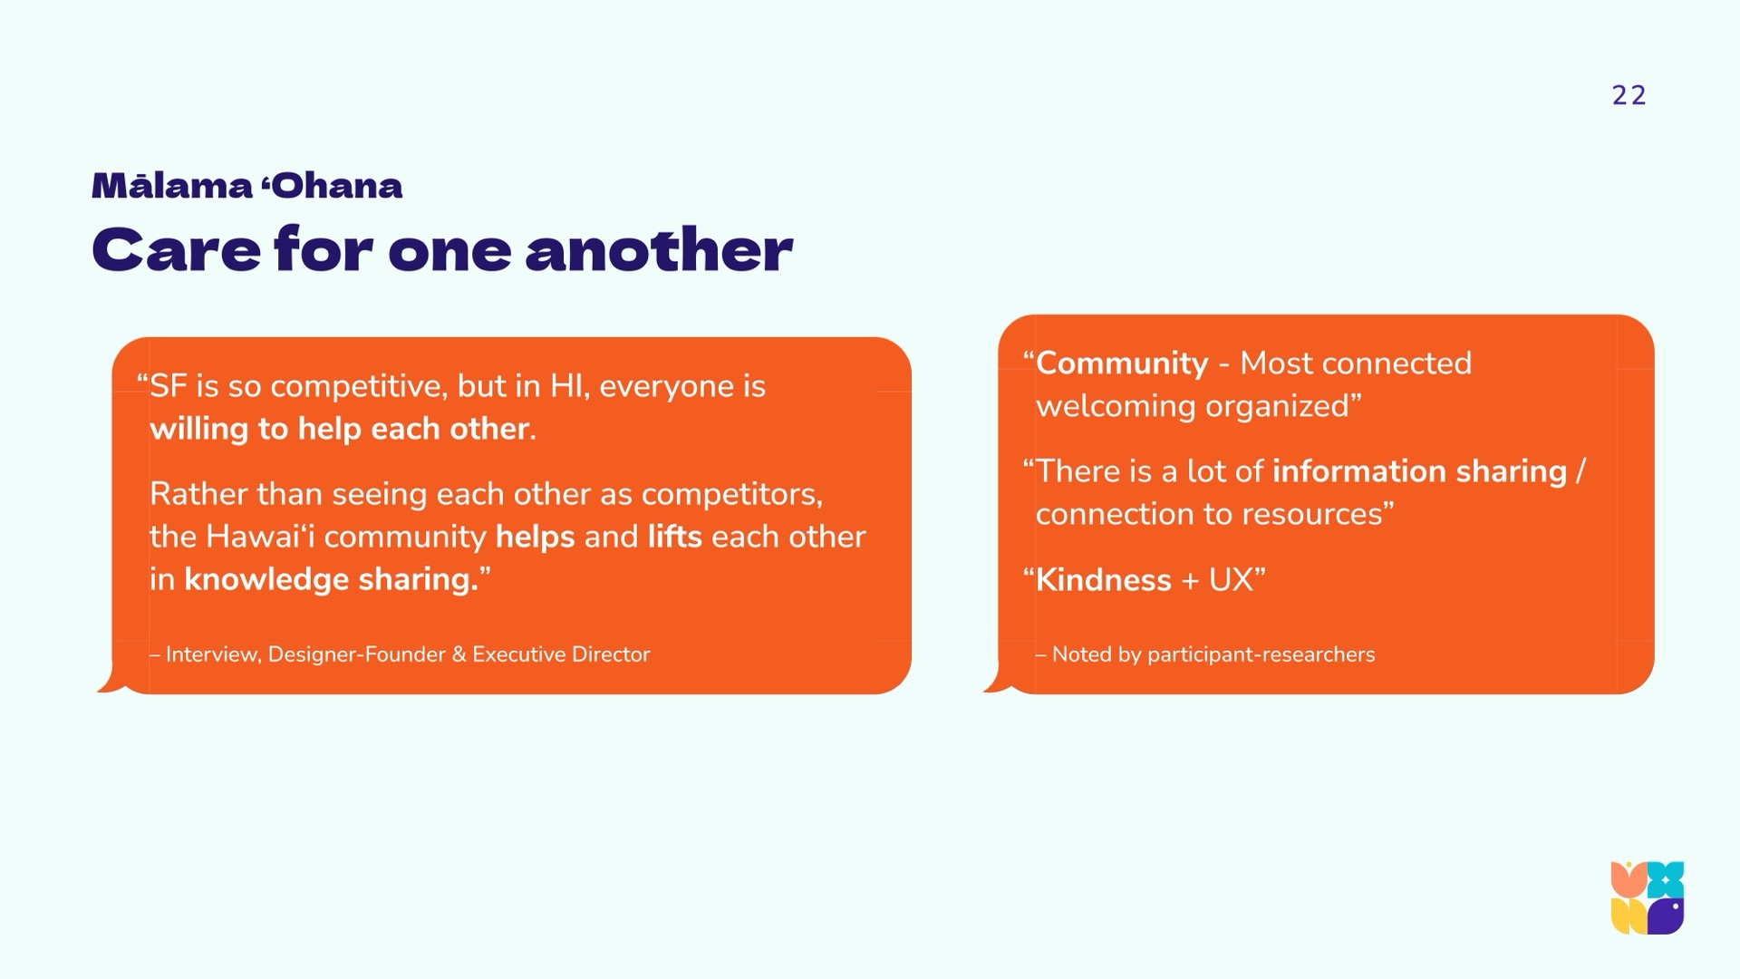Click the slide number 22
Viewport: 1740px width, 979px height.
(1629, 96)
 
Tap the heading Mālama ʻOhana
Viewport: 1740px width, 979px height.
(246, 186)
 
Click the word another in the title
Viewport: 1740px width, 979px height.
(659, 249)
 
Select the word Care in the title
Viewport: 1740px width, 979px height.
(176, 249)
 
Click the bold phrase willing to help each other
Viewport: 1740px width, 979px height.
(339, 429)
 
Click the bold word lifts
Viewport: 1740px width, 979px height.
(674, 537)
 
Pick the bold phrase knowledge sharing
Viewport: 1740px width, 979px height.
(331, 579)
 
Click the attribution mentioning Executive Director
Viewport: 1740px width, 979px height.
(400, 654)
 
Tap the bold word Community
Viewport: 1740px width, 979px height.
(1122, 363)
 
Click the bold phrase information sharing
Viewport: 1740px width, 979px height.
(1419, 471)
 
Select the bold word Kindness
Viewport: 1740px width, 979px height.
(1104, 580)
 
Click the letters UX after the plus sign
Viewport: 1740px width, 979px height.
(1231, 580)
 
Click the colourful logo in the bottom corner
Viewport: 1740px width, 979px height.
(1648, 898)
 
